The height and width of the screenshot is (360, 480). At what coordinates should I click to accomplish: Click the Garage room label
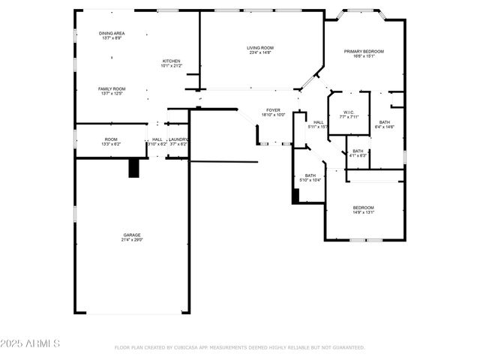[132, 235]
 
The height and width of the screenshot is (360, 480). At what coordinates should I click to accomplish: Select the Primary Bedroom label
[364, 51]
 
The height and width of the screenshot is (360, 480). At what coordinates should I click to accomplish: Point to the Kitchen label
[171, 61]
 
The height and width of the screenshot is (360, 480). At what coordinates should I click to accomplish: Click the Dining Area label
[112, 34]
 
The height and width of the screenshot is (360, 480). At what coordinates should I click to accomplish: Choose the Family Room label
[111, 88]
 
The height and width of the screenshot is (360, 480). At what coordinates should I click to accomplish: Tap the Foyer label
[274, 109]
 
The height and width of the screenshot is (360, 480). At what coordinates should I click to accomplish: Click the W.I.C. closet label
[349, 112]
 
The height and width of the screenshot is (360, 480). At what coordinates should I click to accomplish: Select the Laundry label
[178, 139]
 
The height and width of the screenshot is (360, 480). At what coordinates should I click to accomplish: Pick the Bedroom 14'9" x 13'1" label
[364, 207]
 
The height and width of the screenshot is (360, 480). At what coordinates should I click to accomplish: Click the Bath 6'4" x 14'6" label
[384, 122]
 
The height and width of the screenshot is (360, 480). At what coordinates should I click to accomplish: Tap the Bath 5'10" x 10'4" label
[310, 175]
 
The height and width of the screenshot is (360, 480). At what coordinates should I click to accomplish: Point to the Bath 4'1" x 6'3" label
[358, 151]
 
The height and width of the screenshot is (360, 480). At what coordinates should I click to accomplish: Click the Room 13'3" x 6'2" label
[111, 139]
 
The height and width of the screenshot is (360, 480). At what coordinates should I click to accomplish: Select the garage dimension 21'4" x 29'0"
[132, 240]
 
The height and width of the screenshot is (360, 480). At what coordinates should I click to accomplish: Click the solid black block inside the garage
[134, 168]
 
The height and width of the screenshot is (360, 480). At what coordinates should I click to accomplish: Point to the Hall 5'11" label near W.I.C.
[319, 122]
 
